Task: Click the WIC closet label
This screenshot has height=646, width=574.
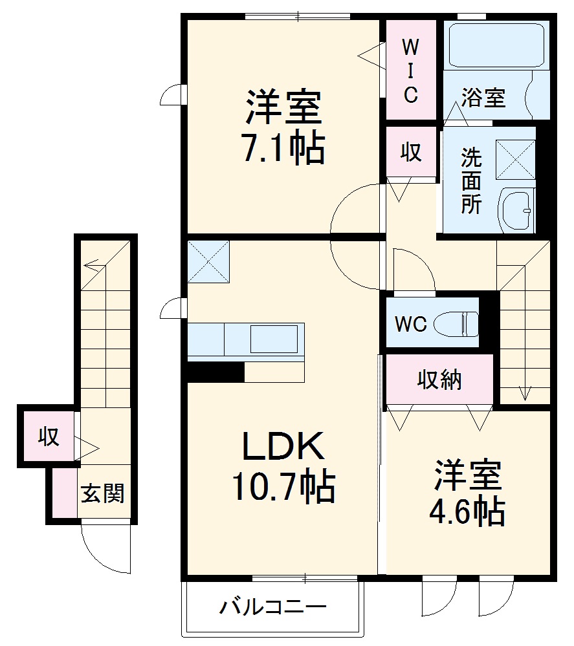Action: pos(411,70)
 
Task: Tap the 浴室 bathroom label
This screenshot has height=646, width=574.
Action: pos(483,98)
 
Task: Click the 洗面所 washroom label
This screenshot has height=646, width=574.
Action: pos(471,181)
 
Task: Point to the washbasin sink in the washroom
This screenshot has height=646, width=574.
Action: pos(517,210)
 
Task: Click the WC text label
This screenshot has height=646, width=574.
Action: pos(410,324)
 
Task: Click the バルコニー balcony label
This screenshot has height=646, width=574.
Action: pos(272,608)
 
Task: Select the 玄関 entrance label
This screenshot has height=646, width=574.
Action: pos(102,495)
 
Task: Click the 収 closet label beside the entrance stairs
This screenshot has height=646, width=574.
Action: pos(49,437)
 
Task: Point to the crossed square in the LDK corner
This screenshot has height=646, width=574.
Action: pos(208,261)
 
